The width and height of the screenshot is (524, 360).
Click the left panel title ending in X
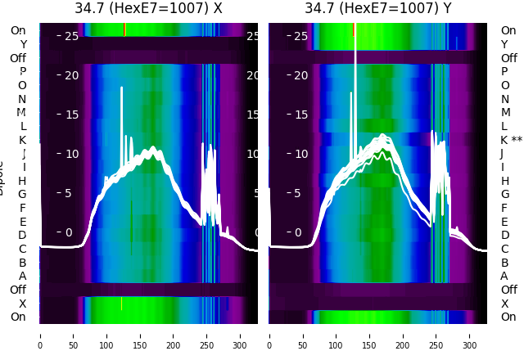148,8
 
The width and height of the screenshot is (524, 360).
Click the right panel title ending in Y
378,8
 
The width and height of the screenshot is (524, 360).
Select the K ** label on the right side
512,140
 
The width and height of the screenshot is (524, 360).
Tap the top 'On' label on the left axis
18,30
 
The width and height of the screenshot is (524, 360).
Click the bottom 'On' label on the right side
508,317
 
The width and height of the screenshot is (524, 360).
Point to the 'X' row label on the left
22,304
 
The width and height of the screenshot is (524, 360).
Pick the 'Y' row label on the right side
504,44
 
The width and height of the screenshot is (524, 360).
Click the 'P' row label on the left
22,72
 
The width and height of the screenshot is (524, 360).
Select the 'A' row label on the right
504,276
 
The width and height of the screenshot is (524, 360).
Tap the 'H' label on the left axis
22,181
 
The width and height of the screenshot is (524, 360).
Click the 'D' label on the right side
504,235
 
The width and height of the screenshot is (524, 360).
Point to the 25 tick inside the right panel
300,36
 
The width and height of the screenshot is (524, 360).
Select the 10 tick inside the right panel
300,154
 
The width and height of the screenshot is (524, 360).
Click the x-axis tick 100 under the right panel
336,335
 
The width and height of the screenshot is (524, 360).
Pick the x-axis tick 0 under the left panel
40,335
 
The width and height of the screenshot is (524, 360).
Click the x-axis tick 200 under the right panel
403,335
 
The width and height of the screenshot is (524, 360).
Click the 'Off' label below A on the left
18,290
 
